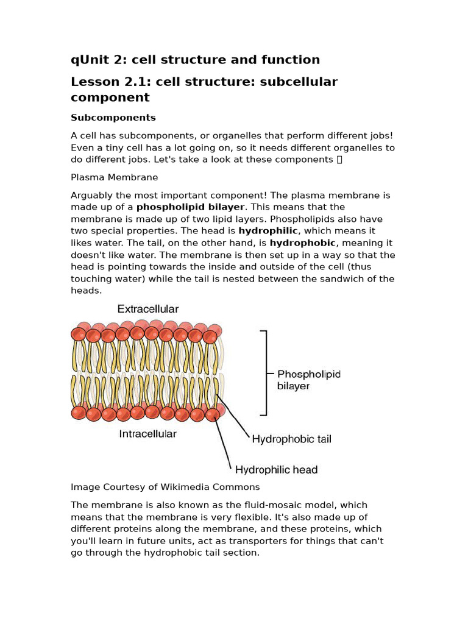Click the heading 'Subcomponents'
point(113,118)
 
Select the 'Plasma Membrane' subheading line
point(114,177)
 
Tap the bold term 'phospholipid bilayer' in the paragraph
point(190,207)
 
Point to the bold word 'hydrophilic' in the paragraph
point(268,231)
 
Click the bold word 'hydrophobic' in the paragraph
point(302,243)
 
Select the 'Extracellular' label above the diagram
point(148,310)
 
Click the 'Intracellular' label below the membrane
point(147,434)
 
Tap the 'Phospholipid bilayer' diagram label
point(308,380)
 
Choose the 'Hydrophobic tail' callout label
point(291,439)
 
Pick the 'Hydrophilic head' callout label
point(276,469)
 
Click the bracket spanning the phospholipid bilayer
point(264,373)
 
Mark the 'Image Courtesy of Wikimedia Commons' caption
point(165,487)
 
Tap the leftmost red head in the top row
point(78,334)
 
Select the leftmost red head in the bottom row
point(78,413)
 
